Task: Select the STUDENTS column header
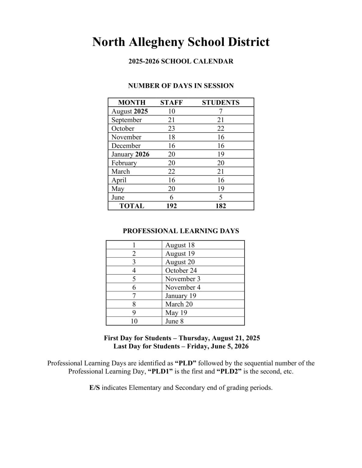(x=220, y=102)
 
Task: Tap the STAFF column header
(x=171, y=102)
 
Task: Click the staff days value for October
(x=171, y=128)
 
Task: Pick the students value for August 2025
(x=220, y=111)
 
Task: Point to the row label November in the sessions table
(x=126, y=137)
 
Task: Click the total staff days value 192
(x=171, y=206)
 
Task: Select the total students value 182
(x=220, y=206)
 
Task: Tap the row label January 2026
(x=130, y=154)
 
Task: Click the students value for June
(x=220, y=197)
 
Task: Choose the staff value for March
(x=171, y=172)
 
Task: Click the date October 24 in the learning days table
(x=181, y=271)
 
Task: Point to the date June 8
(x=174, y=321)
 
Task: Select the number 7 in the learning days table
(x=134, y=296)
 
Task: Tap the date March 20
(x=179, y=304)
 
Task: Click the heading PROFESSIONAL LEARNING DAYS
(x=181, y=231)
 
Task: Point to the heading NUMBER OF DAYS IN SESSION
(x=181, y=86)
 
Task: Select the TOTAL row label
(x=132, y=206)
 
